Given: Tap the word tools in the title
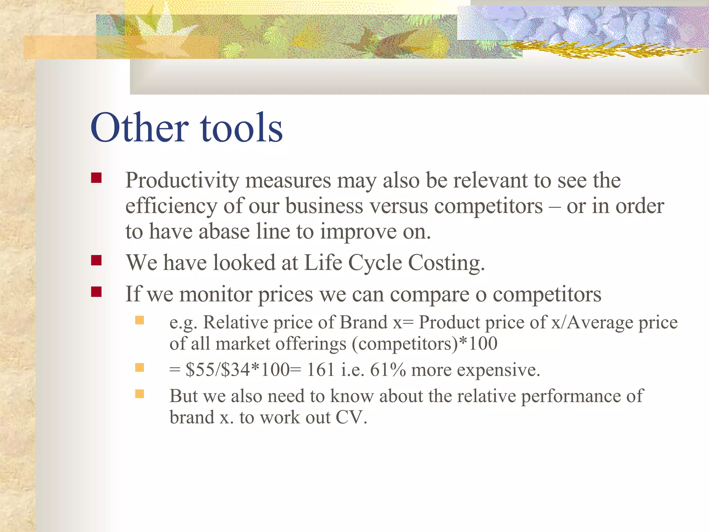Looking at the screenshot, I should click(x=241, y=128).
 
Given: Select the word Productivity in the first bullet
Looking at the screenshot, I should click(x=182, y=180).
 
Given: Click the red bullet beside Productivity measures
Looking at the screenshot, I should click(x=96, y=178).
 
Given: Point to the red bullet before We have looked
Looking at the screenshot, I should click(x=96, y=260).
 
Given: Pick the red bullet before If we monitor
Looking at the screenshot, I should click(x=96, y=292).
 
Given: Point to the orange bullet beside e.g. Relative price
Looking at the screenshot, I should click(x=140, y=320).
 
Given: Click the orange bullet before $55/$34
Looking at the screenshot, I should click(x=140, y=367).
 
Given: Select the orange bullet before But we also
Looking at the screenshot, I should click(x=140, y=394).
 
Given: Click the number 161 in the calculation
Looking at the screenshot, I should click(x=320, y=370).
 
